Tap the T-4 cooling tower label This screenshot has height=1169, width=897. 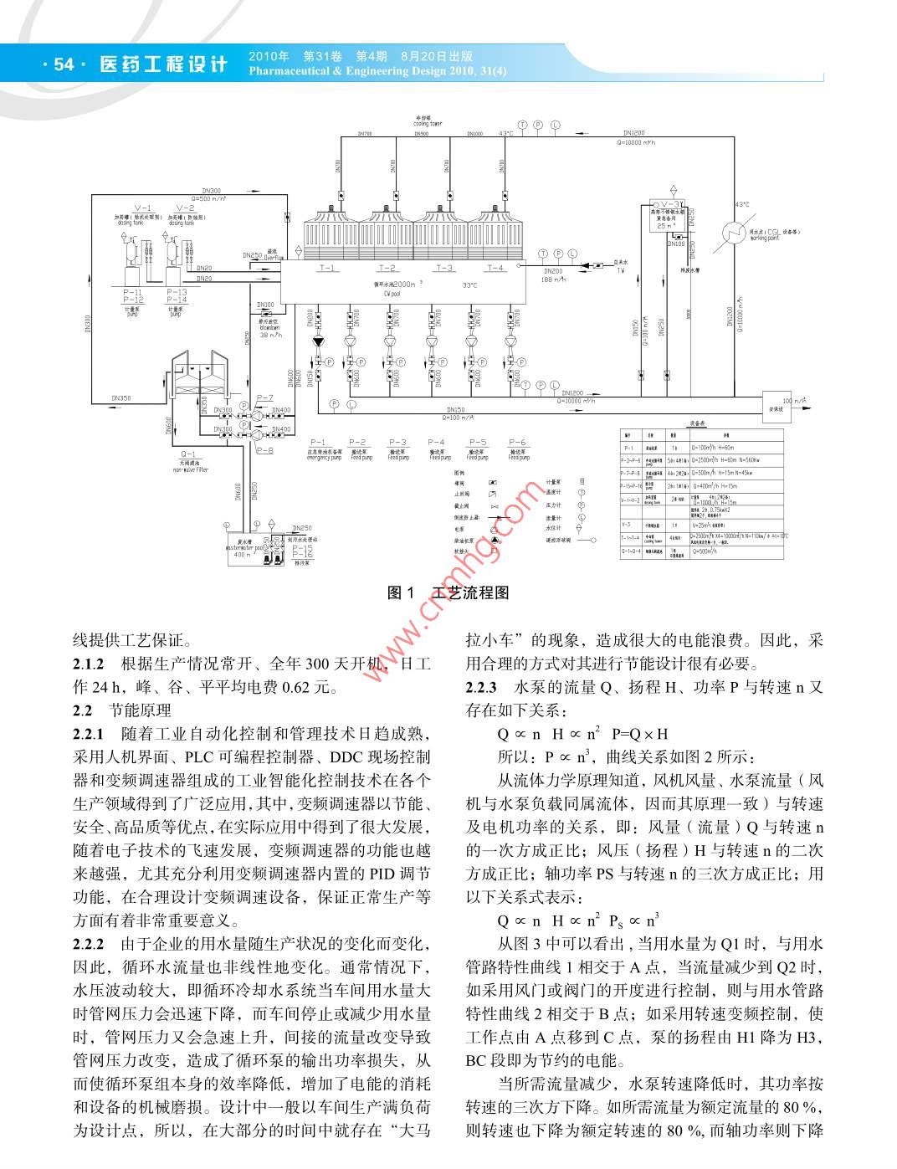(495, 268)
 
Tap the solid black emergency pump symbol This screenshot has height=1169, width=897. (318, 341)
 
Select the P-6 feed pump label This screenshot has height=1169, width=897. (518, 441)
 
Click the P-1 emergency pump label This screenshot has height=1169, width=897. (318, 441)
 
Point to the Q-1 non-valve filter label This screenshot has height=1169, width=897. (188, 454)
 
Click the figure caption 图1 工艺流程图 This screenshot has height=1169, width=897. (448, 592)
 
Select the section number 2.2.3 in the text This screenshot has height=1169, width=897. (482, 688)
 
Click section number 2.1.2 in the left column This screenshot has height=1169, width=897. (89, 665)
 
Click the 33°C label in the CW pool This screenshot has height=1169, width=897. (470, 285)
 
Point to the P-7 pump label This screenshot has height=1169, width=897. (264, 397)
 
